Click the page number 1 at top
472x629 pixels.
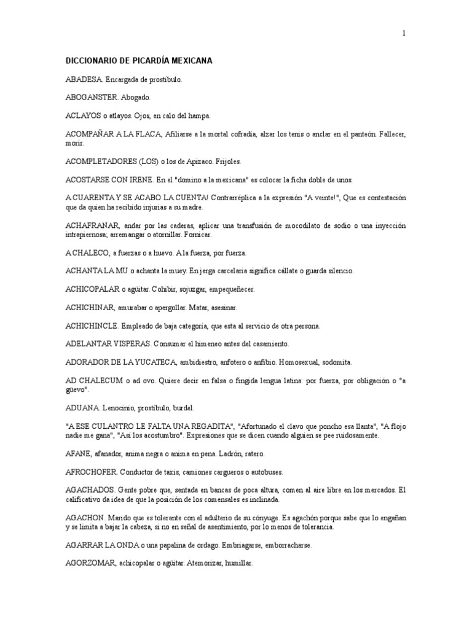coord(404,33)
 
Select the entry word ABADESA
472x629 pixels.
coord(84,80)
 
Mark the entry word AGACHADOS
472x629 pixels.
coord(90,491)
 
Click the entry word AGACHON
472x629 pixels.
coord(85,518)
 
